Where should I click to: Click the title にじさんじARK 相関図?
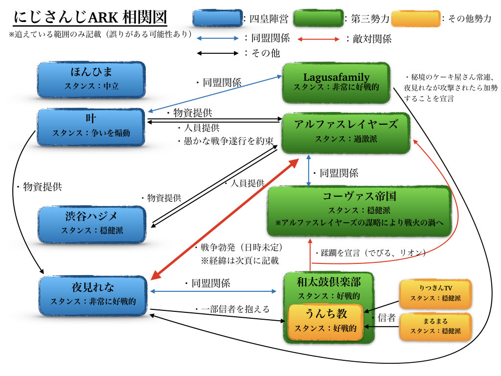[90, 18]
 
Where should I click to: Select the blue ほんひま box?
[91, 79]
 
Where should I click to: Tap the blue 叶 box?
[91, 127]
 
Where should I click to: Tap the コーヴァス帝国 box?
[359, 211]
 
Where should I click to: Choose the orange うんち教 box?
[326, 321]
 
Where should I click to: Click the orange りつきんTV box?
[435, 293]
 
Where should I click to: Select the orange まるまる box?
[435, 326]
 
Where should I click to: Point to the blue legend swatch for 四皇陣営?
[217, 19]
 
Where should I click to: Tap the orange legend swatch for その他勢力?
[415, 19]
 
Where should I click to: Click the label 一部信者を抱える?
[232, 308]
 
